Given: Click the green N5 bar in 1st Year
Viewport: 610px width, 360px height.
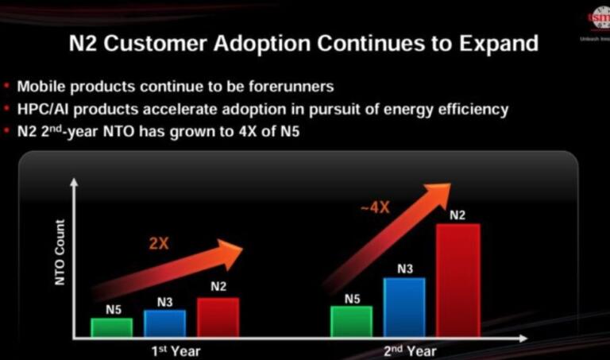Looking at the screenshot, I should click(111, 327).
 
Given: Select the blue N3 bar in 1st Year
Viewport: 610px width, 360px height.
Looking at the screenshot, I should click(164, 323).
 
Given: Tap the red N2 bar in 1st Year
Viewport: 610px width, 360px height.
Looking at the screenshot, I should click(218, 316).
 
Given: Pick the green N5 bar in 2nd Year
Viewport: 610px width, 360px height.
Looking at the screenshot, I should click(351, 320).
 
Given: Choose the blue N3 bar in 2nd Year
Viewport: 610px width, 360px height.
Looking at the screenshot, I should click(404, 307).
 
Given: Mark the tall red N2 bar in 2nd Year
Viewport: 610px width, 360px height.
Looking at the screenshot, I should click(457, 280).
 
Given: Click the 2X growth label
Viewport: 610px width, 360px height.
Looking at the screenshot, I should click(159, 244).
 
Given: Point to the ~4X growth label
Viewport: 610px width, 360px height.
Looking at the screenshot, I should click(375, 207).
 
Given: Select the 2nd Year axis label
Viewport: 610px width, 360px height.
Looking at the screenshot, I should click(411, 350).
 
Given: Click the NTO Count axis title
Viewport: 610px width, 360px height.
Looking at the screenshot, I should click(60, 253).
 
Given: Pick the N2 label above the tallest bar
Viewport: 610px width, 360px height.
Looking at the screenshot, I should click(457, 215).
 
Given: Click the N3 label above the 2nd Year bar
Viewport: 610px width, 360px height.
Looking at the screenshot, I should click(405, 269).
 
